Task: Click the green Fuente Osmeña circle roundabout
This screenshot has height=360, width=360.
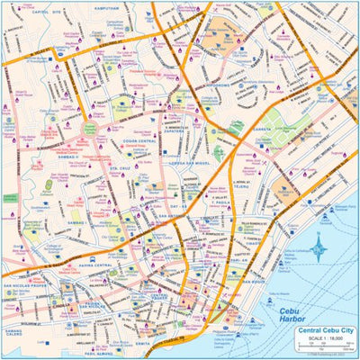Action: (90, 129)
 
